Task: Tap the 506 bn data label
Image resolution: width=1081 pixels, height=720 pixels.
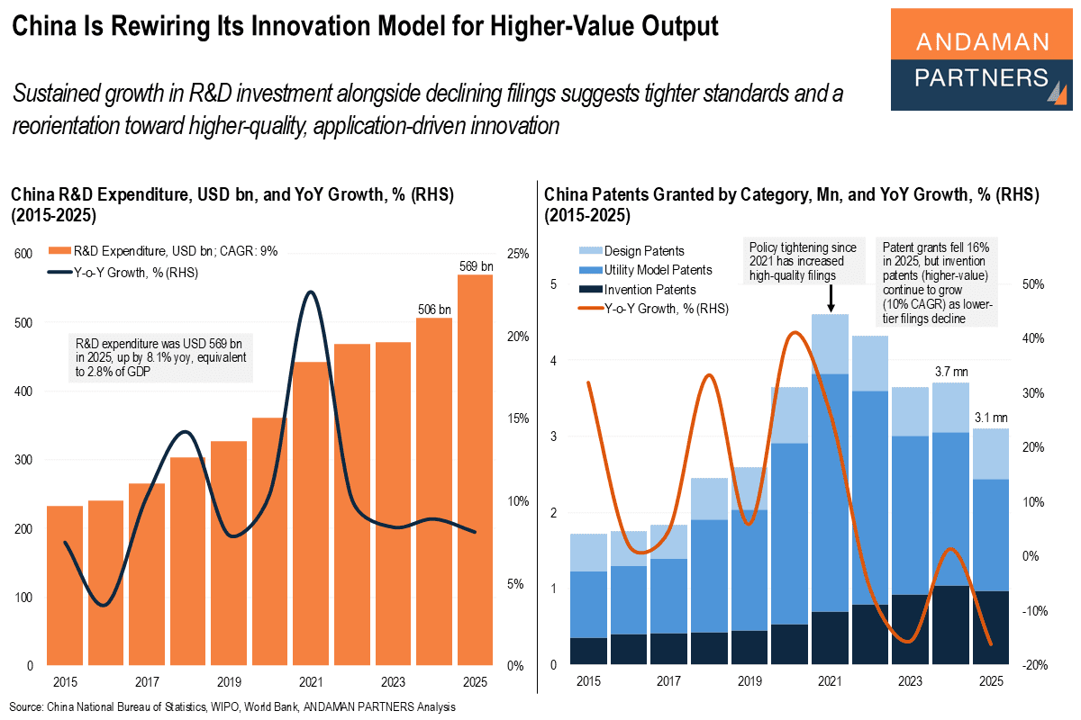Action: click(x=434, y=310)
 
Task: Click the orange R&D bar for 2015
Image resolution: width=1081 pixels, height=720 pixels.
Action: click(x=65, y=585)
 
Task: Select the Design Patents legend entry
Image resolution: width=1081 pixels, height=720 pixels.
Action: click(x=644, y=250)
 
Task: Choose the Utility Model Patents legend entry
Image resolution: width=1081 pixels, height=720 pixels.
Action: click(x=658, y=270)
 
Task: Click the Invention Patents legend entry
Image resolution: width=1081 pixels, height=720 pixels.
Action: click(x=650, y=290)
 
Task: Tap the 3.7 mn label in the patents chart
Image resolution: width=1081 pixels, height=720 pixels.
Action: click(x=950, y=371)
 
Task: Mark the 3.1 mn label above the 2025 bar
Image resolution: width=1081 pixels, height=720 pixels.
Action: click(x=990, y=418)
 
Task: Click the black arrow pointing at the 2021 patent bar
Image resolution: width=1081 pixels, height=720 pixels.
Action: click(x=830, y=298)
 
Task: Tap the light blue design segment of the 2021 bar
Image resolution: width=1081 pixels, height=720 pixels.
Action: click(x=830, y=344)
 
